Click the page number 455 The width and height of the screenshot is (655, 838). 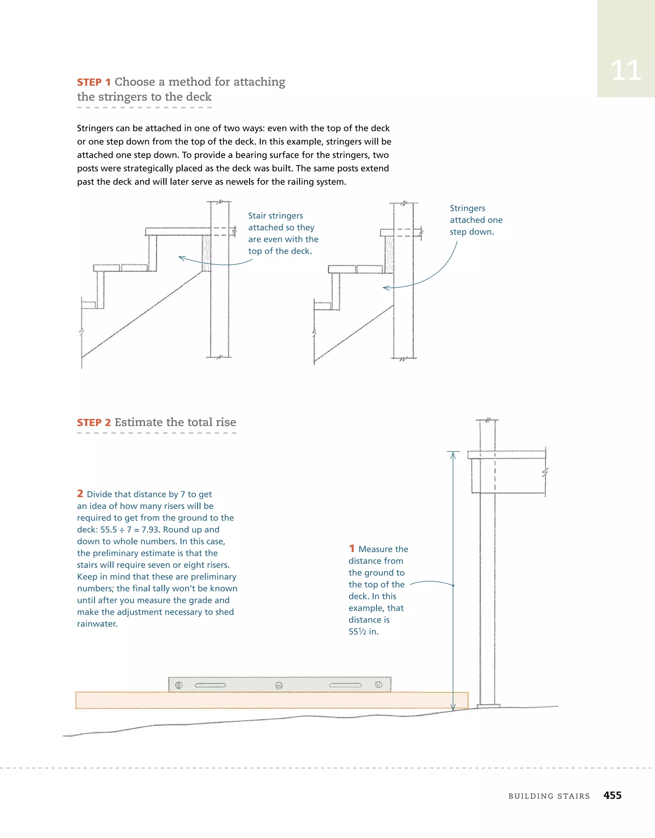point(612,795)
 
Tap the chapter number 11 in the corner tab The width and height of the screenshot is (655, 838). point(626,71)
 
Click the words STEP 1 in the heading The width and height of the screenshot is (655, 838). point(94,83)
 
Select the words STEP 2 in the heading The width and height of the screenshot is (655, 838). point(94,423)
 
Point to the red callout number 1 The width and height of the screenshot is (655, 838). point(351,549)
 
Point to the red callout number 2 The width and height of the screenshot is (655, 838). point(80,494)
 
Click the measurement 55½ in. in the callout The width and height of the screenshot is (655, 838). point(363,632)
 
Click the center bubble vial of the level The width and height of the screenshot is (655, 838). point(279,685)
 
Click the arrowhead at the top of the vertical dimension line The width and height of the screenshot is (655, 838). point(453,455)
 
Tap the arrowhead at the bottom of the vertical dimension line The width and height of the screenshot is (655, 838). point(453,707)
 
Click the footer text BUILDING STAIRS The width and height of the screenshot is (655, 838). point(549,796)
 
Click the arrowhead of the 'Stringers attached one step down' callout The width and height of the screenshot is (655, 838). point(385,288)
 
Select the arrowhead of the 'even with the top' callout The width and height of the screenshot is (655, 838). point(181,258)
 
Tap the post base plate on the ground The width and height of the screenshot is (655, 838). point(488,706)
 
